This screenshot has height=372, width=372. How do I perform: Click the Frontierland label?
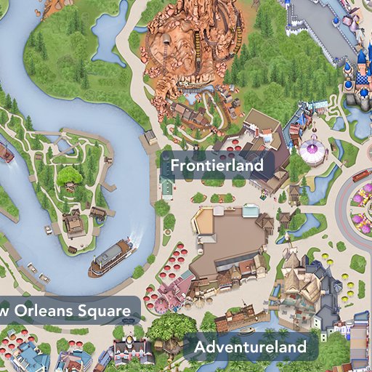216,166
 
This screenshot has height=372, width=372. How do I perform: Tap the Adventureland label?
250,347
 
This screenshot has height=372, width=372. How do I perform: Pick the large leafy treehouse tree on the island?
71,176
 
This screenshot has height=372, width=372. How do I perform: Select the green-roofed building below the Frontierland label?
167,187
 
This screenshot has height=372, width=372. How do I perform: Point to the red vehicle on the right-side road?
361,175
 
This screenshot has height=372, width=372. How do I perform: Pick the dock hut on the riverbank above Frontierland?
150,137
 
